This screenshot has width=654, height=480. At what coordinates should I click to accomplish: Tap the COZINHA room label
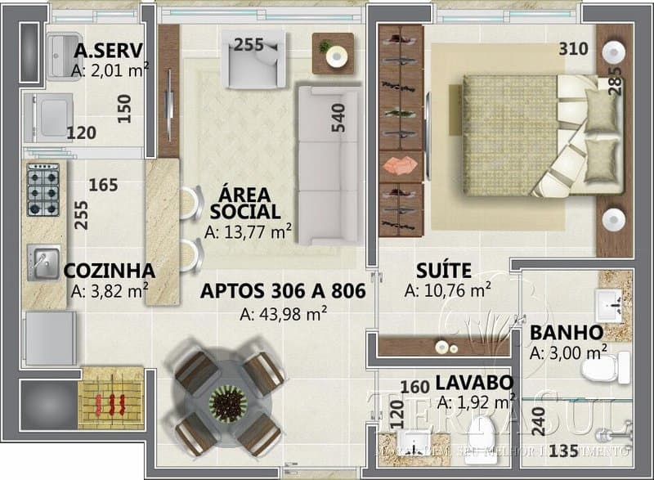pos(109,271)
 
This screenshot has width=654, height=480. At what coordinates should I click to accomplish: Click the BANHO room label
pos(566,334)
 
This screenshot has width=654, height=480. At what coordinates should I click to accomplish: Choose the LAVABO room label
pos(473,382)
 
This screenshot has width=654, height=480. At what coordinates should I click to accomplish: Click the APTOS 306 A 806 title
pos(282,291)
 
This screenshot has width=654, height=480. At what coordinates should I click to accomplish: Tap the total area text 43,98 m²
pos(284,313)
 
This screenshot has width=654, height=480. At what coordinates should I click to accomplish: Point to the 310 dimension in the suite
pos(573,48)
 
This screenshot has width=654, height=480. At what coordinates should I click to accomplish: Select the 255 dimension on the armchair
pos(249,45)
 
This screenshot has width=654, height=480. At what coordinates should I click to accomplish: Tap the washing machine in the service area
pos(51,115)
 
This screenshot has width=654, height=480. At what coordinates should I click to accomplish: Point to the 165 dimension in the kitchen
pos(103,186)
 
